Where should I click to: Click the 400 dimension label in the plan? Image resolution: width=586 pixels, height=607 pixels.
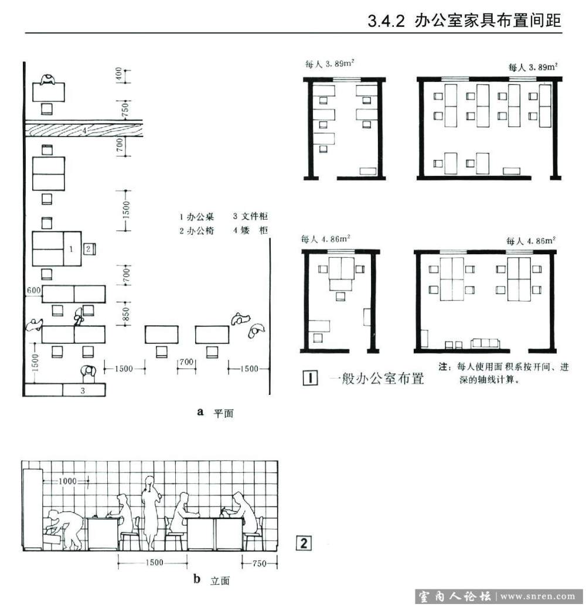(x=119, y=74)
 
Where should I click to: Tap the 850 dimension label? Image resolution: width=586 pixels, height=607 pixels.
(x=126, y=314)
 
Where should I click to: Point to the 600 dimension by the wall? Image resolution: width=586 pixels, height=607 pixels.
(x=33, y=291)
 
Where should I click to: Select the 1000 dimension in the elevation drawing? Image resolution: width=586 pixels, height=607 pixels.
(x=67, y=481)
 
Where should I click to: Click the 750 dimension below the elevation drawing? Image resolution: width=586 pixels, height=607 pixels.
(x=259, y=563)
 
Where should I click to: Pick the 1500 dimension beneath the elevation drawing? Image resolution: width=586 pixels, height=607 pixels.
(x=154, y=562)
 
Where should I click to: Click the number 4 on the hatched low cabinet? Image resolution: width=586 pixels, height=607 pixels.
(x=84, y=131)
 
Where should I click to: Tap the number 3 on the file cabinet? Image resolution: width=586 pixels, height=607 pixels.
(x=83, y=391)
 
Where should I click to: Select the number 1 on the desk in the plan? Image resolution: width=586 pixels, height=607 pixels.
(x=71, y=249)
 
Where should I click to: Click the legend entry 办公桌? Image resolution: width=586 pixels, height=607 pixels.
(x=200, y=217)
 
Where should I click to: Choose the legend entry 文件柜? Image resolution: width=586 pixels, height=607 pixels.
(x=255, y=216)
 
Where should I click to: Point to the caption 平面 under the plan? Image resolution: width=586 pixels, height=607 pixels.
(x=223, y=414)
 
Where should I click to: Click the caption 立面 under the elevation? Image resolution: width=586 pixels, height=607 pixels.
(x=220, y=581)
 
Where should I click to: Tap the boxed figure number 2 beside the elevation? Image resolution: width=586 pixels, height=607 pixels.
(x=304, y=543)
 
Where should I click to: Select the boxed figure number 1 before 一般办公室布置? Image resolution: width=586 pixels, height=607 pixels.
(x=310, y=378)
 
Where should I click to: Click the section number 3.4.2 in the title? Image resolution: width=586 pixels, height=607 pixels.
(x=386, y=21)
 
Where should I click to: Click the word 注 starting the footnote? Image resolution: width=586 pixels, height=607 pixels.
(x=443, y=366)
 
